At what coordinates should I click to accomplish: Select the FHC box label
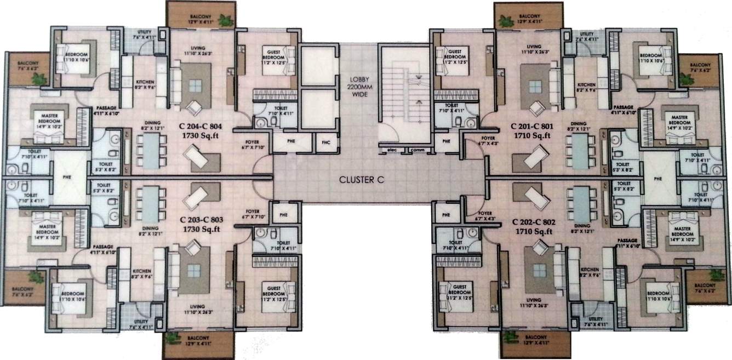(x=326, y=143)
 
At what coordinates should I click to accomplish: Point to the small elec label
(x=391, y=148)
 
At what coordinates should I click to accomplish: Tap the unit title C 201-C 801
(x=533, y=125)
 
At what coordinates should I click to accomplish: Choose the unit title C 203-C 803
(x=202, y=219)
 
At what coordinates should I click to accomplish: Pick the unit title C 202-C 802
(x=534, y=223)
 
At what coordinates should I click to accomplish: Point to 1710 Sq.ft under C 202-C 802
(x=534, y=232)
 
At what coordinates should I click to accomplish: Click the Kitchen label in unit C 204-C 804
(x=144, y=83)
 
